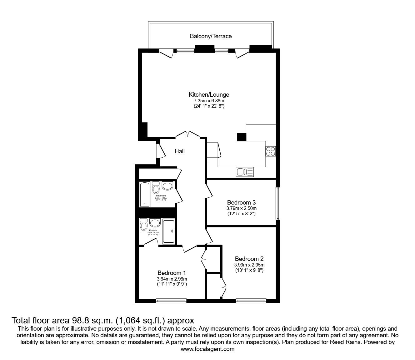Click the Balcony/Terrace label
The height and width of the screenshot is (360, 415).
(211, 36)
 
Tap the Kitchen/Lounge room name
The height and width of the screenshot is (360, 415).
(209, 94)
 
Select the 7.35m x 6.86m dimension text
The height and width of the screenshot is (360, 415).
(209, 101)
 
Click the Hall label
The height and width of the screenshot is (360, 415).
(179, 151)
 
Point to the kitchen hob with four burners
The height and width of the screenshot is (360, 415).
(270, 151)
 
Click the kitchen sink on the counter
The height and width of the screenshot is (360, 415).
(245, 172)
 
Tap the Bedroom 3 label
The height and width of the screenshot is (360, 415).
(242, 202)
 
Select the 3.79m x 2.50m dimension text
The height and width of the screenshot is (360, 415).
(242, 208)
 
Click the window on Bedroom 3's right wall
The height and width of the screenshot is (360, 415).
(277, 203)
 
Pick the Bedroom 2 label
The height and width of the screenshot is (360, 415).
(249, 259)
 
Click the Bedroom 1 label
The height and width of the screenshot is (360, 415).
(172, 273)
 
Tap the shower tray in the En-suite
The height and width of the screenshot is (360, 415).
(169, 232)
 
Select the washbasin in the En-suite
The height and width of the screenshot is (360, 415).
(155, 223)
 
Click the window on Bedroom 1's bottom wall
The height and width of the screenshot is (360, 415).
(171, 301)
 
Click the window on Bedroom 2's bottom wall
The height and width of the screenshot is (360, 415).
(251, 301)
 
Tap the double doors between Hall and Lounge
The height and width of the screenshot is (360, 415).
(187, 134)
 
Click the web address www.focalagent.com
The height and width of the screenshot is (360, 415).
(207, 349)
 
